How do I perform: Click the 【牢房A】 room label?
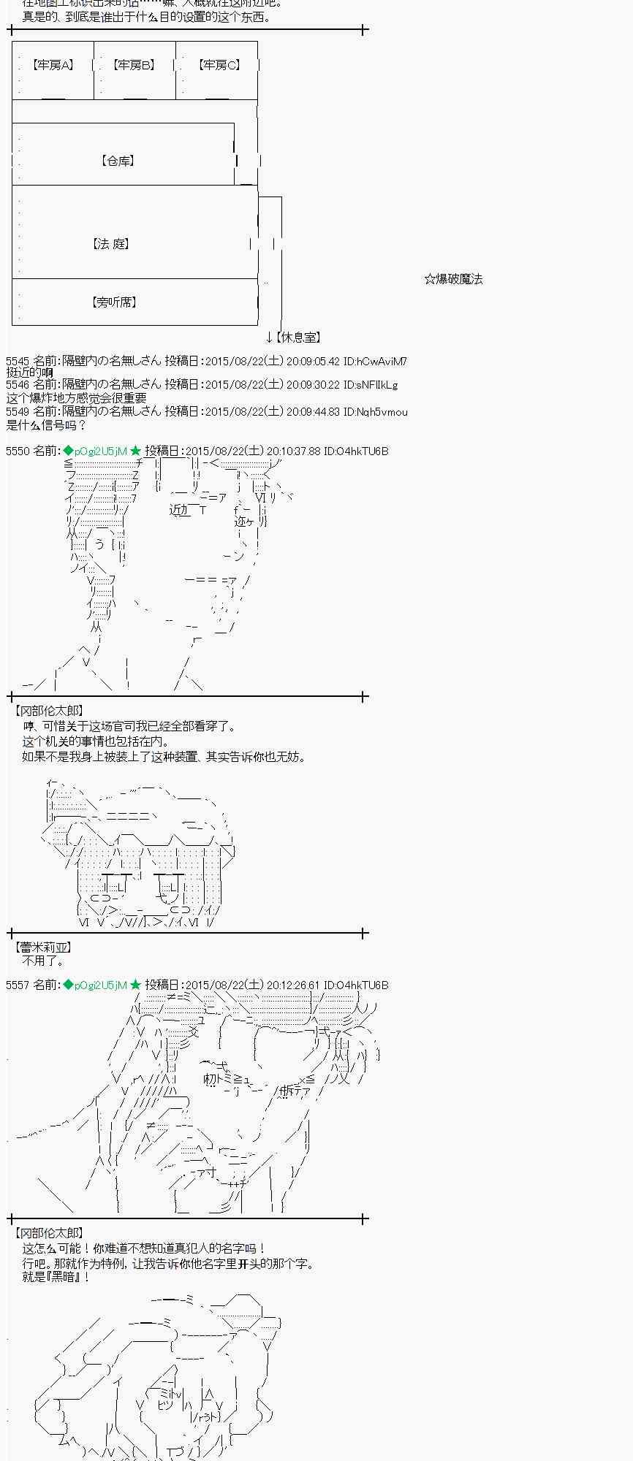click(53, 66)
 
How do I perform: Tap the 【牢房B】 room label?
click(134, 66)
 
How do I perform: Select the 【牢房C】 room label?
click(218, 66)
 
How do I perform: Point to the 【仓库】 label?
click(117, 161)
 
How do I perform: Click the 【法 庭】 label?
click(112, 244)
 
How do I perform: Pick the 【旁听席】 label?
click(114, 302)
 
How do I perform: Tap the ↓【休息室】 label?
click(293, 337)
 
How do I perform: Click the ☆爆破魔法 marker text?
click(453, 279)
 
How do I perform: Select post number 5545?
click(18, 362)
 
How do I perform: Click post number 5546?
click(18, 385)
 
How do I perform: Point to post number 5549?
click(18, 412)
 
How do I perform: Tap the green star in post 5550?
click(135, 451)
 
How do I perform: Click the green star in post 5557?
click(135, 985)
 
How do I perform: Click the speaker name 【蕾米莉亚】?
click(43, 947)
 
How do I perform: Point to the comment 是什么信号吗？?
click(47, 425)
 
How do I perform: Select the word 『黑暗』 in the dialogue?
click(66, 1277)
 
